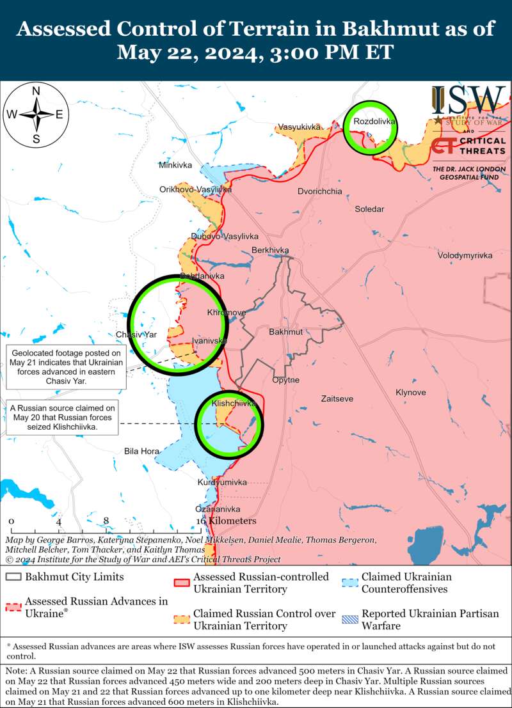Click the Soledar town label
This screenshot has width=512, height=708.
pos(369,209)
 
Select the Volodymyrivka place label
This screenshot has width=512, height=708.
pos(465,255)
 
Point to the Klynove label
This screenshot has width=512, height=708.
pos(410,392)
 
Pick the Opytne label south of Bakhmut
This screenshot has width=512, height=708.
pos(285,380)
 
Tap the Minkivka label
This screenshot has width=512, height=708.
pos(175,165)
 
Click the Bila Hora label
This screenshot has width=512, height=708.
pos(141,452)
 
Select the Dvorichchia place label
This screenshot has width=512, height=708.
pos(319,191)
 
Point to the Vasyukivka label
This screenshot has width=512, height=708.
pos(298,127)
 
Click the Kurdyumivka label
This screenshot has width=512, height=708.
pos(222,482)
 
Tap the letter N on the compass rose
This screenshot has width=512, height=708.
pos(36,90)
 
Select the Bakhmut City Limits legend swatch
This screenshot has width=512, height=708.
pos(13,577)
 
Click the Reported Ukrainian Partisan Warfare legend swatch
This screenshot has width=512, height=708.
pos(349,619)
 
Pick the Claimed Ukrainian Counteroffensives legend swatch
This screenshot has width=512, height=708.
pos(349,583)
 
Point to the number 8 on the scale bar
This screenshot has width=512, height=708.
pos(106,521)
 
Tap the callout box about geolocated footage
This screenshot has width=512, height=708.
pos(66,366)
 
